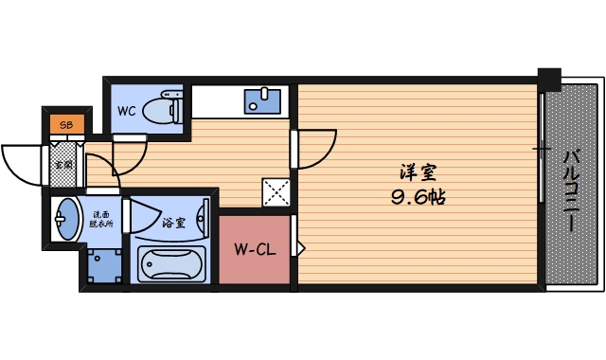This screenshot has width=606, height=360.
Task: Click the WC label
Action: [x=126, y=111]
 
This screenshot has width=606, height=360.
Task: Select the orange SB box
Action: [x=66, y=124]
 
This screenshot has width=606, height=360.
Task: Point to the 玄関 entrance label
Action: [x=62, y=165]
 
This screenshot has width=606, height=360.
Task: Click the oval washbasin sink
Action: [x=66, y=221]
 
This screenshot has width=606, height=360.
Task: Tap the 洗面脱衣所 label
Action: [x=100, y=220]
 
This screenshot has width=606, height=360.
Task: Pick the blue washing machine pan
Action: [x=103, y=266]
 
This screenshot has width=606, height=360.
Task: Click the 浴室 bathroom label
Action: [x=173, y=224]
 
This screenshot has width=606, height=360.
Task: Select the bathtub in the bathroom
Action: [x=171, y=263]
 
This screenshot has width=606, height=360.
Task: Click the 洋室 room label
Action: [x=418, y=173]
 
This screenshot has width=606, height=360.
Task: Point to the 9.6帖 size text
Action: [x=418, y=198]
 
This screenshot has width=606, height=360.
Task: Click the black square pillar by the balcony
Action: [x=548, y=79]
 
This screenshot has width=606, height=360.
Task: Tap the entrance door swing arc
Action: [x=17, y=161]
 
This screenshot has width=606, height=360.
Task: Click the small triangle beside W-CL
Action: [x=301, y=249]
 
